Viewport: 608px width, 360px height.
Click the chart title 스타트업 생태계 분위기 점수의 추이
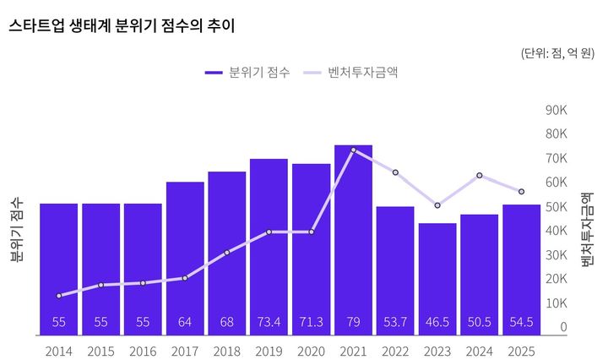pos(122,26)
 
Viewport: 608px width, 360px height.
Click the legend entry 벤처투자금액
pos(351,73)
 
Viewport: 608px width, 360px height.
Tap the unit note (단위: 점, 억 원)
pos(559,52)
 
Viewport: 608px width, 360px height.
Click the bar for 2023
pos(437,275)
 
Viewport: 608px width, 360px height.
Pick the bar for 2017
pos(185,254)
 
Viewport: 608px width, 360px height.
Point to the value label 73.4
pos(269,322)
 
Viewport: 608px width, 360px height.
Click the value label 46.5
pos(437,322)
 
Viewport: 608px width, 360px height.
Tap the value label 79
pos(353,322)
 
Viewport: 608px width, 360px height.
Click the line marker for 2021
pos(353,150)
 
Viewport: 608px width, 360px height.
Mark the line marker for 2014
pos(59,296)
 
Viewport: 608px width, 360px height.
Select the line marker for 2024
pos(480,176)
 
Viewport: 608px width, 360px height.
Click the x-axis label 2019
pos(269,349)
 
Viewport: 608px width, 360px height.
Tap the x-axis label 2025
pos(521,349)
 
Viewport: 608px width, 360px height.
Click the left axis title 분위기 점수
pos(17,232)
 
